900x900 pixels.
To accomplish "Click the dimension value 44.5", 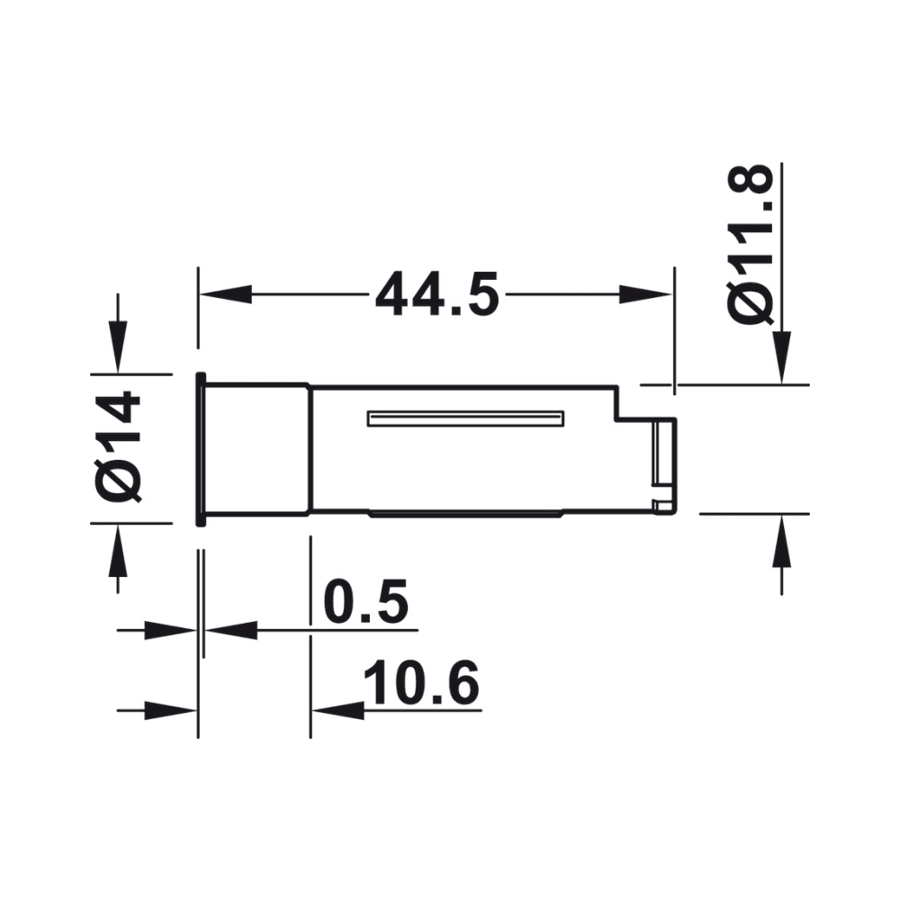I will tap(436, 294).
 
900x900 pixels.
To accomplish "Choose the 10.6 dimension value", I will tap(420, 686).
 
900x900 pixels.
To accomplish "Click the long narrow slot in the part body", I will tap(464, 418).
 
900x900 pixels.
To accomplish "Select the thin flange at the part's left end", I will tap(202, 447).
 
